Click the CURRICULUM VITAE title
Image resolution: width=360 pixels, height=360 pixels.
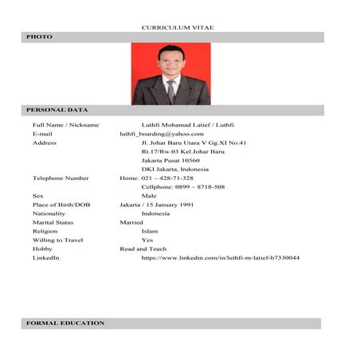(x=178, y=28)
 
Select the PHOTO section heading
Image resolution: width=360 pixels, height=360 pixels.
(x=39, y=37)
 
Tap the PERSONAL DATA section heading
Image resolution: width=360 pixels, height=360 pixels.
(x=57, y=109)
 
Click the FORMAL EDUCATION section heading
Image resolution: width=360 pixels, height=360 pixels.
(x=65, y=323)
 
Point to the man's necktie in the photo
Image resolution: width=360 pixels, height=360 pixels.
(x=170, y=91)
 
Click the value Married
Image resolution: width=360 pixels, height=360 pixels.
(x=131, y=222)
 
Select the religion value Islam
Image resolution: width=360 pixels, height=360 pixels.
(x=150, y=231)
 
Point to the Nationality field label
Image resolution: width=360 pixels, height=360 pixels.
(x=49, y=213)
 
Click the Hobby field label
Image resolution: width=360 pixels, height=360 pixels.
(x=41, y=248)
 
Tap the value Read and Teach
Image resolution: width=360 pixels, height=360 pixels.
(x=143, y=248)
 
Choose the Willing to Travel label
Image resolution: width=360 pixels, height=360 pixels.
(x=57, y=240)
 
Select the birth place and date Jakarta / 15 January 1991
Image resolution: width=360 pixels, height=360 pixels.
(x=156, y=205)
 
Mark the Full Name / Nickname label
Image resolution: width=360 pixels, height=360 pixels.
(x=65, y=125)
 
